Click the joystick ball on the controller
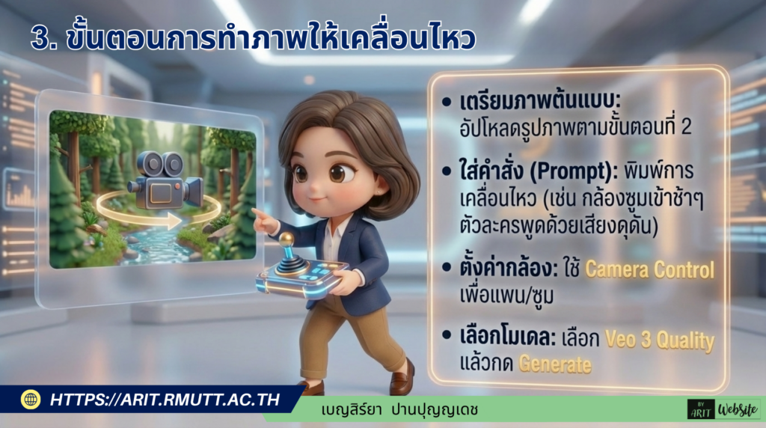pos(287,239)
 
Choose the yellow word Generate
pos(555,365)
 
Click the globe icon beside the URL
pos(31,399)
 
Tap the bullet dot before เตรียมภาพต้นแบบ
pos(447,102)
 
